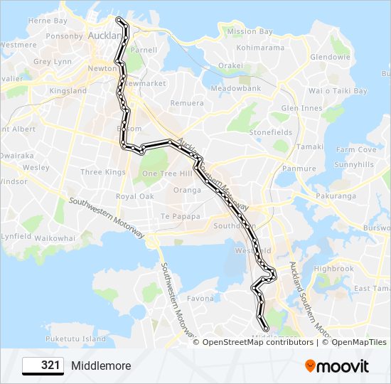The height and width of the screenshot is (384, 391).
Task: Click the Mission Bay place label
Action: pyautogui.click(x=250, y=32)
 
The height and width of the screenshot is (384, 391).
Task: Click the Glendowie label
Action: pyautogui.click(x=330, y=57)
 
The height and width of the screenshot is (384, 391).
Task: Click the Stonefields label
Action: pyautogui.click(x=271, y=132)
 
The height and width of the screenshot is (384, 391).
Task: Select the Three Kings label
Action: pyautogui.click(x=103, y=172)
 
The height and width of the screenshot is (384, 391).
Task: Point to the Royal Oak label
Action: pyautogui.click(x=135, y=196)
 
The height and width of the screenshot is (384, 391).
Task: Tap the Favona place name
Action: pyautogui.click(x=201, y=299)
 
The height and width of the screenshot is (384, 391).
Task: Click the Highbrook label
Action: pyautogui.click(x=333, y=269)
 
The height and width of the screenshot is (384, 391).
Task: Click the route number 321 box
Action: pyautogui.click(x=43, y=366)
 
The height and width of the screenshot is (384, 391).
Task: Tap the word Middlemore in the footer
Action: pyautogui.click(x=101, y=366)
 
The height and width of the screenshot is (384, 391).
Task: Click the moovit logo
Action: pyautogui.click(x=337, y=366)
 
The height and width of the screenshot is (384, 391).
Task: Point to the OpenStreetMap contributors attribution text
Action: pyautogui.click(x=257, y=342)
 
